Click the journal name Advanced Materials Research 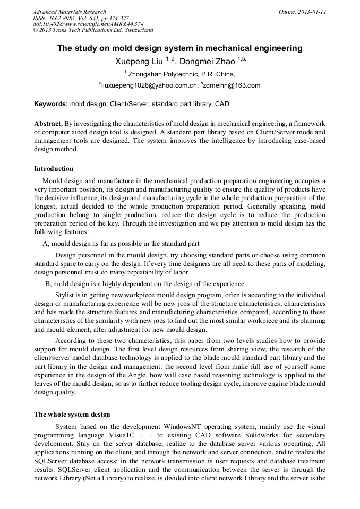point(70,12)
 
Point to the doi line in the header point(88,24)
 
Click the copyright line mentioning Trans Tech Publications point(93,30)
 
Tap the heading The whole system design point(72,414)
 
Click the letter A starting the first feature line point(45,244)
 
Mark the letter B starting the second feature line point(48,283)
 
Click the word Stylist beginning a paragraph point(65,294)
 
